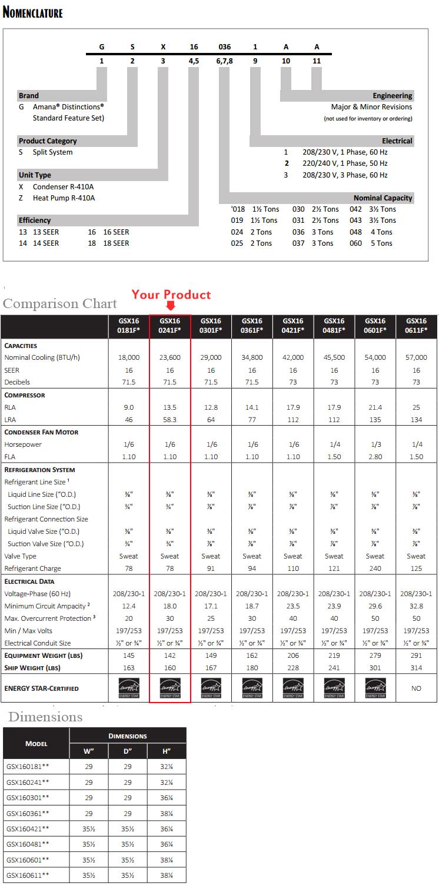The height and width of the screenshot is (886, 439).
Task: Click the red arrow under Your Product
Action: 171,306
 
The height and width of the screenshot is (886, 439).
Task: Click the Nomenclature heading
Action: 33,12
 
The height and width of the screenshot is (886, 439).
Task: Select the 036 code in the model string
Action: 224,47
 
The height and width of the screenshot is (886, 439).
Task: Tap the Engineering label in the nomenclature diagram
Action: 392,95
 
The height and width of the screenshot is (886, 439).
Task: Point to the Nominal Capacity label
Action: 383,198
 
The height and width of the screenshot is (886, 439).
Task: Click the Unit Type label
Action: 35,175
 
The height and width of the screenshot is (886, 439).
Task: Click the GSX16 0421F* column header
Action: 293,326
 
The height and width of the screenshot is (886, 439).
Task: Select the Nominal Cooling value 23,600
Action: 170,357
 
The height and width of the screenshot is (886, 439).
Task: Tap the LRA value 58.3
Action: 170,420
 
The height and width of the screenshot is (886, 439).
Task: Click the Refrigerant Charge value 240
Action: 375,569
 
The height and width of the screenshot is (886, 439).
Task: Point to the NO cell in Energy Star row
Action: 416,688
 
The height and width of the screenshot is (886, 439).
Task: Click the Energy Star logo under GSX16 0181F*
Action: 129,687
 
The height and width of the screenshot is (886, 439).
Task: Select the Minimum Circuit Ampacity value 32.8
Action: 416,606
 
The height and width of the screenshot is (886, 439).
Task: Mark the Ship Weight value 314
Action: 416,667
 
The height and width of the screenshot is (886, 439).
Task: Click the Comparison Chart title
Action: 60,304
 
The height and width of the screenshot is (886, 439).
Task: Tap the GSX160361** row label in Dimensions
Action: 28,813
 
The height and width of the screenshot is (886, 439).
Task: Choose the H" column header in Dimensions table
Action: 167,751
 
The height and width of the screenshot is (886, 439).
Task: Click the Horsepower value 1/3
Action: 375,444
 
